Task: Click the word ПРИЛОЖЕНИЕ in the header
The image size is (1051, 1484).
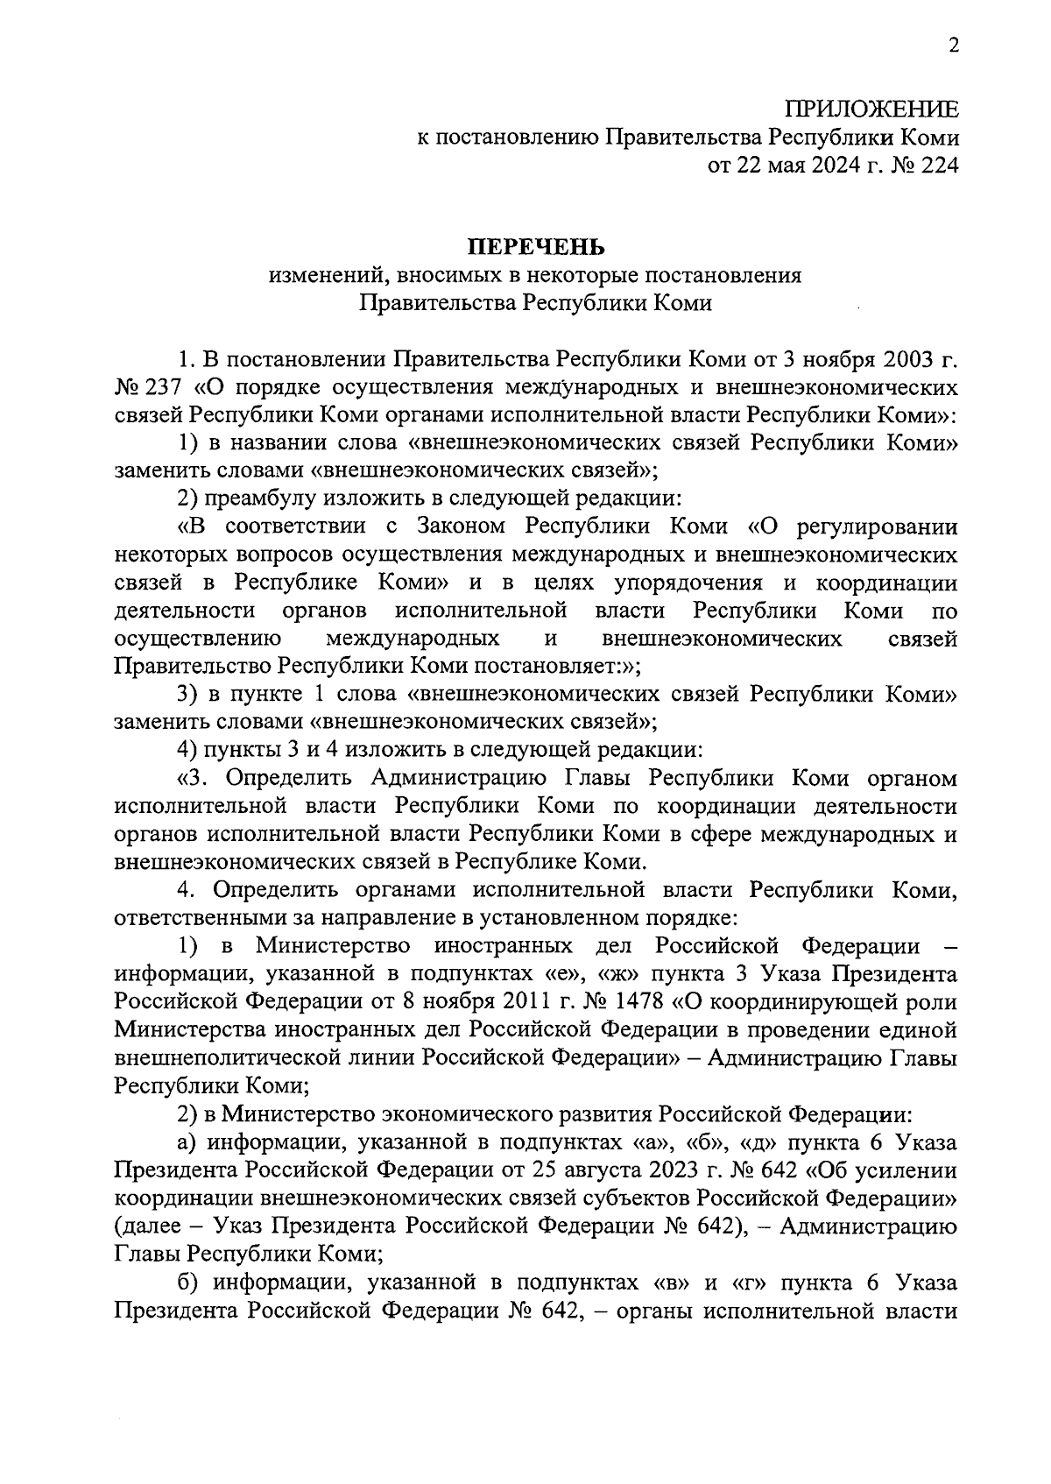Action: click(871, 110)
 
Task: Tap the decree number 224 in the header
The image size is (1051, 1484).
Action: click(937, 166)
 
